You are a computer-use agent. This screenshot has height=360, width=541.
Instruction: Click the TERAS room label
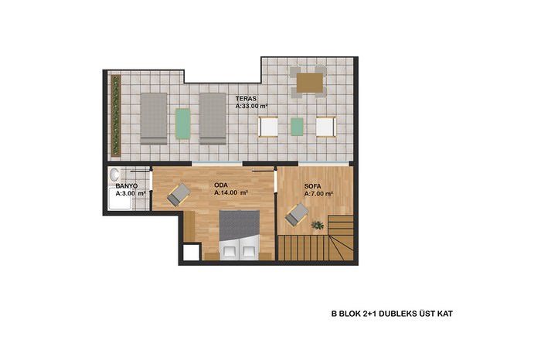246,99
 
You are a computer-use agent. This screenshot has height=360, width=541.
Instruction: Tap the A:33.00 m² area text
251,106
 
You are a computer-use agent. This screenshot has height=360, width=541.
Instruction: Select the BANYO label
127,186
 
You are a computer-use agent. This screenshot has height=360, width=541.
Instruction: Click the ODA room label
221,185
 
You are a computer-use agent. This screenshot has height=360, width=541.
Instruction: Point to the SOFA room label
312,186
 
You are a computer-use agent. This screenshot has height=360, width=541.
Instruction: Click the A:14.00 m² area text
231,193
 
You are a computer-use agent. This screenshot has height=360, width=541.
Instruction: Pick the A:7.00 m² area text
318,194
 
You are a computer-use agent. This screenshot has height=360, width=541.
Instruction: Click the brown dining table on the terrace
310,83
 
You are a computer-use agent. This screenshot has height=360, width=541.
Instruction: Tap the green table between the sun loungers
183,124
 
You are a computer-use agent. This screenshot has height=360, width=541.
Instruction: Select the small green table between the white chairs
297,127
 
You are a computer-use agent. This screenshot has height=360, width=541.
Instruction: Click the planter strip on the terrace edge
116,116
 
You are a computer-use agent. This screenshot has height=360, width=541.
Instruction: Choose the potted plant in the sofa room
318,225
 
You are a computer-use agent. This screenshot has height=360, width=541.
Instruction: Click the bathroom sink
114,175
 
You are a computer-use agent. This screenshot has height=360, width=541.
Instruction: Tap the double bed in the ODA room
240,235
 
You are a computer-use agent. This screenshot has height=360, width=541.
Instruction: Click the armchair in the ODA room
179,195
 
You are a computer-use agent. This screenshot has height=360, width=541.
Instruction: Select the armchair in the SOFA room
297,215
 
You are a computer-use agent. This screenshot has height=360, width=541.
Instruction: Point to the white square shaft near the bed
191,253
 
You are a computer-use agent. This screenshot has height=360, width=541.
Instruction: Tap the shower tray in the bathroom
121,199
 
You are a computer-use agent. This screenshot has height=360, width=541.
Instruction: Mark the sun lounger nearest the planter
154,118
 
